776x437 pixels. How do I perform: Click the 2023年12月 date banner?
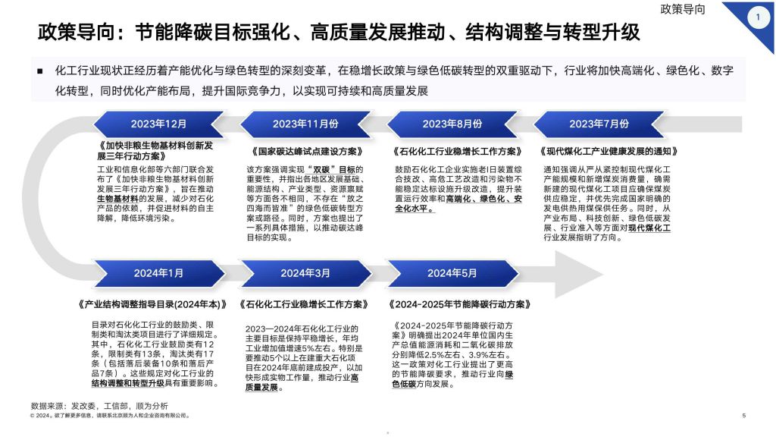pos(158,124)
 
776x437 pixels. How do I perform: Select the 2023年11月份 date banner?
pos(305,124)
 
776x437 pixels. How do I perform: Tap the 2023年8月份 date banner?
pos(452,124)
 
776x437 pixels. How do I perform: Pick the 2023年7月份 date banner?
pos(599,124)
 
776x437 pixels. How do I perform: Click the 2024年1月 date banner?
pos(158,273)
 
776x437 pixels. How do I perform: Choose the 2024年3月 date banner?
pos(305,273)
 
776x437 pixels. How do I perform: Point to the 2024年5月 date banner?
pos(452,273)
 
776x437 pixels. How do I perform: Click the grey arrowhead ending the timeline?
pos(577,274)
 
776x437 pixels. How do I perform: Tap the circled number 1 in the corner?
pos(758,17)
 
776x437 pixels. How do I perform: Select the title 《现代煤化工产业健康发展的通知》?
pos(609,151)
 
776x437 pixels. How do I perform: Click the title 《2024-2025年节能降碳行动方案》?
pos(460,304)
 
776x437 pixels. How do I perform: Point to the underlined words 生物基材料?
pos(117,199)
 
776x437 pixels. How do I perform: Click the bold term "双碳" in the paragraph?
pos(321,169)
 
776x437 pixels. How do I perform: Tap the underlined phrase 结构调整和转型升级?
pos(127,383)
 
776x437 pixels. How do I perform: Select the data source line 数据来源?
pos(99,406)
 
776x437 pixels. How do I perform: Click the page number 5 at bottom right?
pos(744,415)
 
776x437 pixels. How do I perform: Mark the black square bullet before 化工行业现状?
pos(40,71)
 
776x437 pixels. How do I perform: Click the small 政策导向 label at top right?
pos(683,9)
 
